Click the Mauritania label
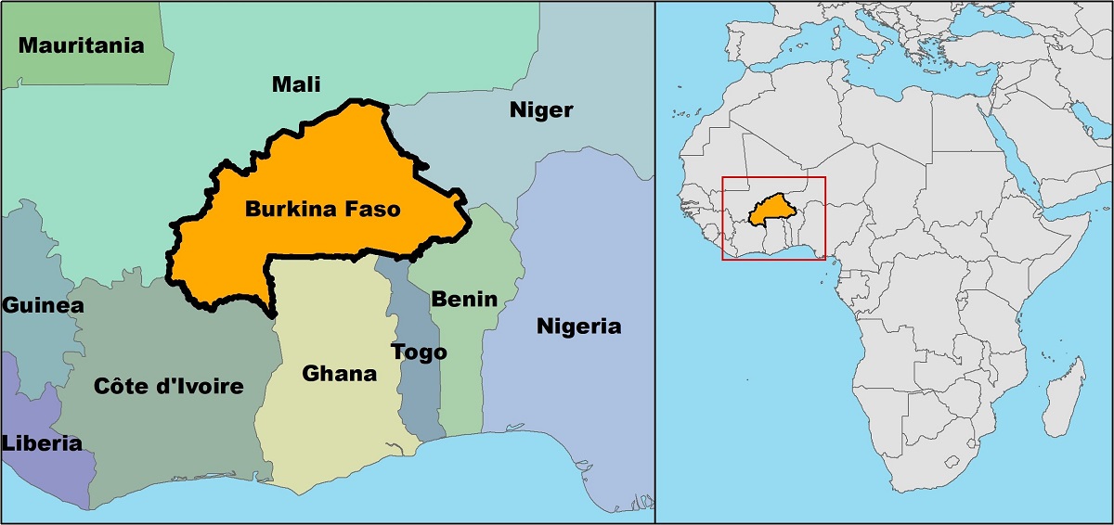[82, 45]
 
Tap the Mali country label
[295, 84]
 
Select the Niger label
[541, 110]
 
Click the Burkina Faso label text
[322, 210]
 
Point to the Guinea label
[37, 305]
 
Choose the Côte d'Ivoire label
[168, 386]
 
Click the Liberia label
[40, 442]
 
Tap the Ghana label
[340, 374]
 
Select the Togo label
[419, 352]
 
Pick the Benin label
[463, 299]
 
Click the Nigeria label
[579, 327]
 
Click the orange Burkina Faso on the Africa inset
[770, 210]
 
